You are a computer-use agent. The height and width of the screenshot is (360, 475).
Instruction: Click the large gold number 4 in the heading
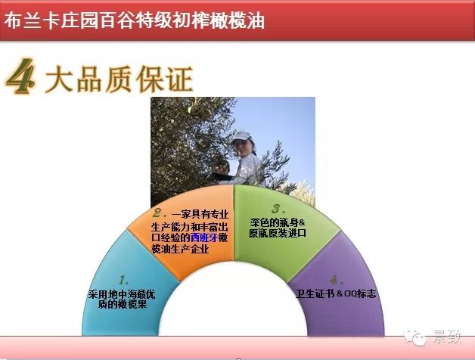click(20, 76)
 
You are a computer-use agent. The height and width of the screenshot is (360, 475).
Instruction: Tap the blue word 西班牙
click(204, 238)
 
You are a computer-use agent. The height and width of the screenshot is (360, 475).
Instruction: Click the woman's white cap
click(241, 138)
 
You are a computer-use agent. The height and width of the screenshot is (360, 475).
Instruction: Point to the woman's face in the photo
click(240, 148)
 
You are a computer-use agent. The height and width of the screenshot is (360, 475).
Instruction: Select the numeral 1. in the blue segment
click(124, 281)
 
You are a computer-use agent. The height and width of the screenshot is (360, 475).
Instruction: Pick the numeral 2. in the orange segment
click(160, 213)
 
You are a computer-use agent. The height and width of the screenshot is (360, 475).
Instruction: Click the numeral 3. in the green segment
click(278, 208)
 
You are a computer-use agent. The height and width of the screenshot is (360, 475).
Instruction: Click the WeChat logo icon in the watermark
click(416, 337)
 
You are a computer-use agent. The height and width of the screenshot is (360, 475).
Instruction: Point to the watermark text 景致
click(447, 337)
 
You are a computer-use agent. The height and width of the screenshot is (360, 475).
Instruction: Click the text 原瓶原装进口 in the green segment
click(278, 233)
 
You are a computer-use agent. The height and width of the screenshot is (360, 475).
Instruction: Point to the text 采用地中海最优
click(122, 294)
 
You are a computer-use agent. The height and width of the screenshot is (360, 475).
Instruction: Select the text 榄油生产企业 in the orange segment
click(180, 249)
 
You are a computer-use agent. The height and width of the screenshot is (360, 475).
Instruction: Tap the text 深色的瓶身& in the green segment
click(278, 222)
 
